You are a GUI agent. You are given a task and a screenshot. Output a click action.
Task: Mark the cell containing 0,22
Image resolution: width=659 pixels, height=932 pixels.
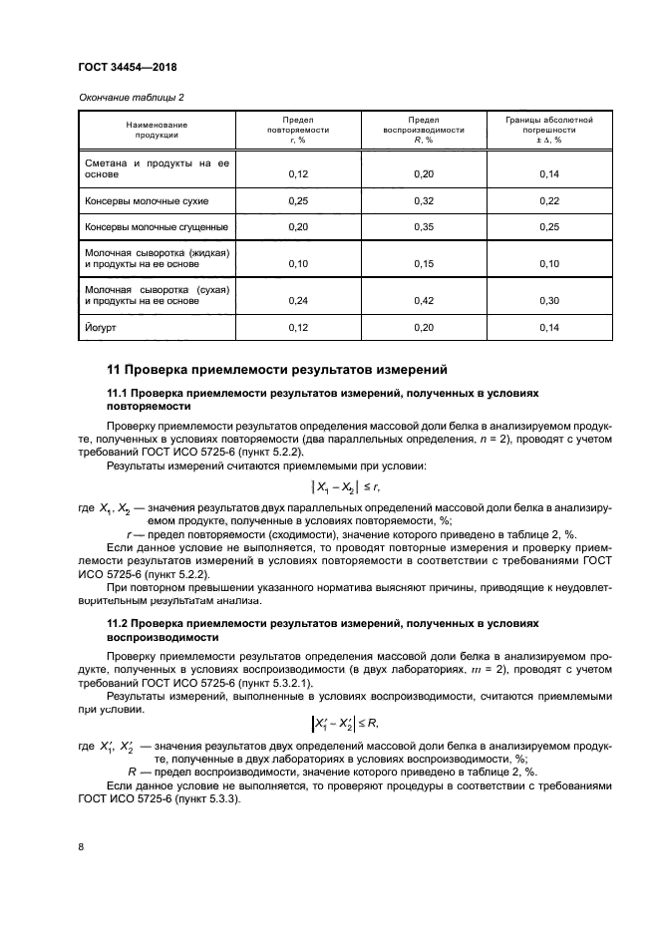(x=549, y=201)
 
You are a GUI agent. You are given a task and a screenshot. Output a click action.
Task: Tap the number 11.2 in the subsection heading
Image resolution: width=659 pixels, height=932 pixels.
(x=119, y=623)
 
